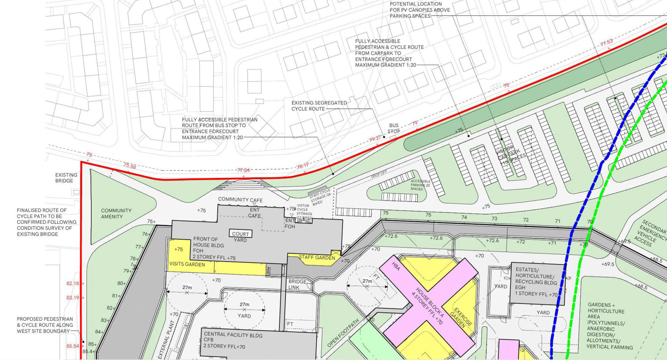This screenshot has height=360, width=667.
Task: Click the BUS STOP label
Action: [x=394, y=128]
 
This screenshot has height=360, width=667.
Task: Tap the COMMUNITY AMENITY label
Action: [x=116, y=214]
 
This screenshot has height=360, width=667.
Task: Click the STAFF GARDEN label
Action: [x=317, y=257]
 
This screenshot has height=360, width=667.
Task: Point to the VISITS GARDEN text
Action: [x=187, y=264]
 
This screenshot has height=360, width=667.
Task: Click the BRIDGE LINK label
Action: [x=297, y=284]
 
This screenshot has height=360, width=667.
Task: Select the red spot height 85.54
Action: [x=73, y=346]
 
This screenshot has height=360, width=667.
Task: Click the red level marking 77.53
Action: [x=607, y=43]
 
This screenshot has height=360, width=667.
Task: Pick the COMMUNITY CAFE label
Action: [x=240, y=200]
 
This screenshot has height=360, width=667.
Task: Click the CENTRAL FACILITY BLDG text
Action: [x=233, y=335]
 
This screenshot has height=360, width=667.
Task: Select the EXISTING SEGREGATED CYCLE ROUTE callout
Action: [x=319, y=106]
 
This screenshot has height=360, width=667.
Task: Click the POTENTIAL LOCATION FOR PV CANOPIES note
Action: [x=419, y=10]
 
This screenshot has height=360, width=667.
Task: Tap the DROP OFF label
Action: [x=379, y=174]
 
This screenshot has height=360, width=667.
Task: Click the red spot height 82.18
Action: [x=73, y=283]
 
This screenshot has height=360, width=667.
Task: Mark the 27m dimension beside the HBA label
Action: [x=367, y=281]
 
